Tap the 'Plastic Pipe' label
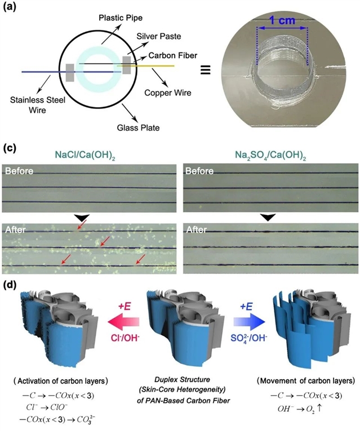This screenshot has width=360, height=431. tap(119, 16)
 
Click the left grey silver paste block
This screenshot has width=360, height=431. tap(70, 72)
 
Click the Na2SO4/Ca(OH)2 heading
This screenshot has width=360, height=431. tap(268, 154)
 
